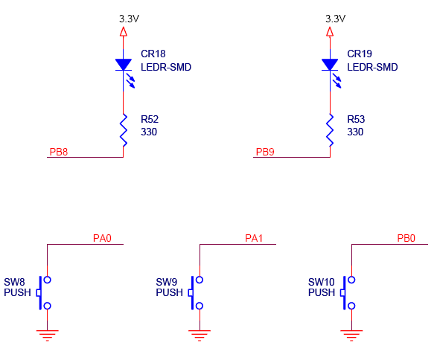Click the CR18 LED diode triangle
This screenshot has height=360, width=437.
click(124, 65)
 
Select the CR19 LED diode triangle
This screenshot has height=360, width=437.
click(330, 65)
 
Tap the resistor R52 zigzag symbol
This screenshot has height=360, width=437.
click(124, 130)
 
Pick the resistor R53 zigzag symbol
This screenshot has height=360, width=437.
click(330, 130)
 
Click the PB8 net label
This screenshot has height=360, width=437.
click(59, 152)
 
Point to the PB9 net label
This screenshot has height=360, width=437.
click(265, 152)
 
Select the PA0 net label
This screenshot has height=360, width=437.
click(102, 238)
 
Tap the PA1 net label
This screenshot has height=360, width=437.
click(254, 238)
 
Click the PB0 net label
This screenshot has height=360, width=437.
click(406, 238)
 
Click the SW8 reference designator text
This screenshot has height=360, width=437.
click(14, 282)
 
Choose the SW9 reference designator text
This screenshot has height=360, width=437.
click(166, 282)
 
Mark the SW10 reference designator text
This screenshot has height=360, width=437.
click(321, 282)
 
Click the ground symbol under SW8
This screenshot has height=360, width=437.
click(48, 335)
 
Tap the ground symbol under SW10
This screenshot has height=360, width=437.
click(351, 335)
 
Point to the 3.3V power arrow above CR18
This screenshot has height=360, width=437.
click(124, 31)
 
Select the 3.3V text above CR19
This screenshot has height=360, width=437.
click(336, 19)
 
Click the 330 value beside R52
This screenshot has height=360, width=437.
click(149, 132)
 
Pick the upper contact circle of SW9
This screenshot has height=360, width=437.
click(200, 280)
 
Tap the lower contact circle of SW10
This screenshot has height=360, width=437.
click(351, 306)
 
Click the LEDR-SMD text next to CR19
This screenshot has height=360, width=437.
click(372, 67)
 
